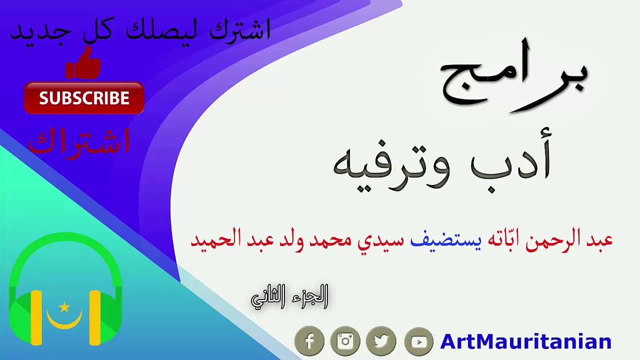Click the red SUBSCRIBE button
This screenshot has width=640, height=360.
(84, 98)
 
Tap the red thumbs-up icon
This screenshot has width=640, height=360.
(83, 64)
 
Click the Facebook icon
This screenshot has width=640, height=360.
(309, 341)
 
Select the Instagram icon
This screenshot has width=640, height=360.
(345, 341)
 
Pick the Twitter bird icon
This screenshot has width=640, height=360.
(381, 341)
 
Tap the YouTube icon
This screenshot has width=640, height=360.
(418, 341)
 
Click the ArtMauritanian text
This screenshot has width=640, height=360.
(525, 342)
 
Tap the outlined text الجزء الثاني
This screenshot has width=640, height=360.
(289, 297)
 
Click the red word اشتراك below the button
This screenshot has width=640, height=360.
(80, 141)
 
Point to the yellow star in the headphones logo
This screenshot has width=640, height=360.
(64, 307)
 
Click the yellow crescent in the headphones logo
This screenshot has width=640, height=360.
(64, 320)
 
